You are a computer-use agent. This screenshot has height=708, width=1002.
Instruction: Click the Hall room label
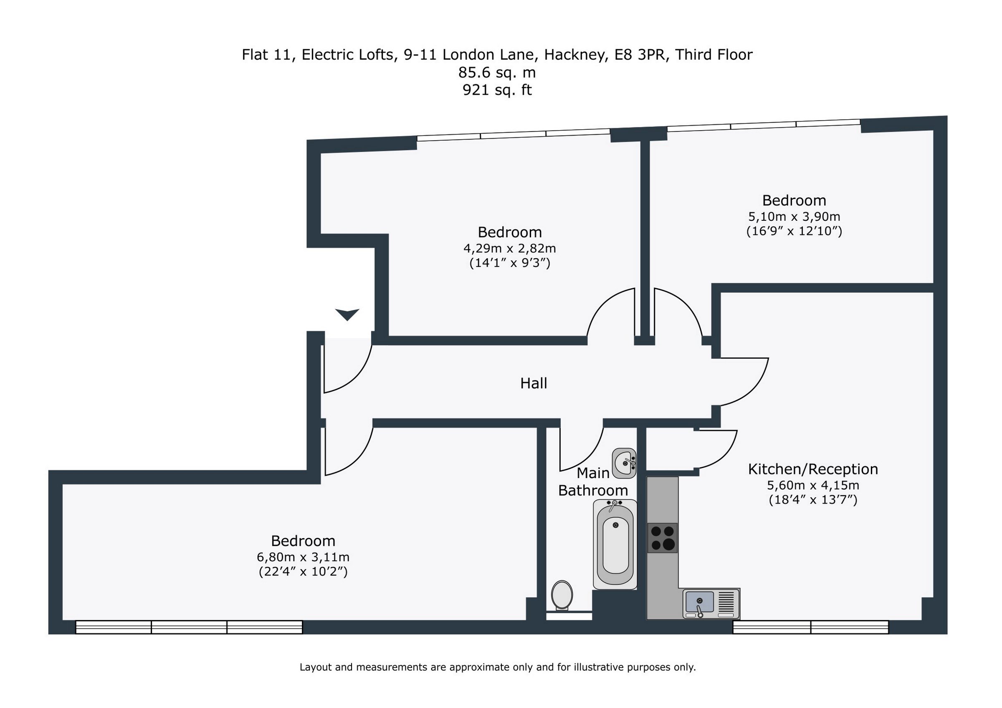coord(533,383)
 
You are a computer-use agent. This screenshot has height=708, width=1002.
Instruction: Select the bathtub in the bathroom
coord(615,544)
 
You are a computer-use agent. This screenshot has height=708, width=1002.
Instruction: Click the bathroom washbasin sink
coord(624,463)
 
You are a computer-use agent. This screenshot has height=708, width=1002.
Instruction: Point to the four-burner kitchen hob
coord(662,537)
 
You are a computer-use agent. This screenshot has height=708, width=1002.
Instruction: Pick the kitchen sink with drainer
coord(711,604)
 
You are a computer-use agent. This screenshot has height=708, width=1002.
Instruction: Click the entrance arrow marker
coord(347,314)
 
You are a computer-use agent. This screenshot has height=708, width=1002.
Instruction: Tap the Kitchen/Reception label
coord(812,469)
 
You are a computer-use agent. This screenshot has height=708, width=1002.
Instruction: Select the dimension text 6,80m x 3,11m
coord(303,557)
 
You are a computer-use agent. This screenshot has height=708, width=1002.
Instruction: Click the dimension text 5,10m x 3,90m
coord(794,217)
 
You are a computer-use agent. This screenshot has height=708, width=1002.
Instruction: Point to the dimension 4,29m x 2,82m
coord(509,249)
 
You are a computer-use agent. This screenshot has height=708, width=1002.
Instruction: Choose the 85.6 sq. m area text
coord(497,73)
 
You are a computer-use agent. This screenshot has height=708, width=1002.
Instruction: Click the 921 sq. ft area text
coord(497,90)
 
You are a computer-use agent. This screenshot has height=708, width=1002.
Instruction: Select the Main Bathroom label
coord(593,482)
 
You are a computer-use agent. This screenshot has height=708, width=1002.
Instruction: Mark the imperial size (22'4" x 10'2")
coord(303,572)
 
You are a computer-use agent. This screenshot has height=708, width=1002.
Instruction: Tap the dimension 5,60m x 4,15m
coord(812,485)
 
